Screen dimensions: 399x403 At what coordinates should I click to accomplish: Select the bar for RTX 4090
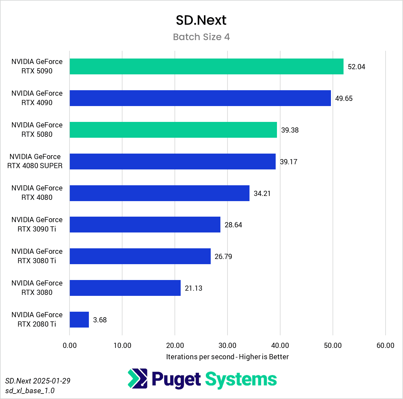[x=200, y=98]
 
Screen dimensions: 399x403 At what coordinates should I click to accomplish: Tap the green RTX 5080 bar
[x=173, y=130]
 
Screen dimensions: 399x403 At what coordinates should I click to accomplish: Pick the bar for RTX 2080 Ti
[x=79, y=320]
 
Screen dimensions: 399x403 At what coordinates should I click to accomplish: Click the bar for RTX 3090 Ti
[x=145, y=225]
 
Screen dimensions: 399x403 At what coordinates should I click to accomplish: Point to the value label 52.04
[x=356, y=67]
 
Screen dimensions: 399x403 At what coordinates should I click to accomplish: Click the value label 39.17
[x=288, y=162]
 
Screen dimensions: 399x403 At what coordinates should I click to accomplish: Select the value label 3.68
[x=100, y=320]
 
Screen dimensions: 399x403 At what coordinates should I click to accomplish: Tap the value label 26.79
[x=223, y=257]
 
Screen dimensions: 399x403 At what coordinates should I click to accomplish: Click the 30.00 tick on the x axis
[x=227, y=345]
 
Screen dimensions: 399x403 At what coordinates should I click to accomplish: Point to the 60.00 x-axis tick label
[x=385, y=345]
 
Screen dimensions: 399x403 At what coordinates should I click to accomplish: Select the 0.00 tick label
[x=70, y=345]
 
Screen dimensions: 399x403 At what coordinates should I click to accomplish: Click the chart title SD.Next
[x=201, y=20]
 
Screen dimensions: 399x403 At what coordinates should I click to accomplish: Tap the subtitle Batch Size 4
[x=201, y=37]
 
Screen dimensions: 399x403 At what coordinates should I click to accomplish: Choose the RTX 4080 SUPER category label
[x=35, y=161]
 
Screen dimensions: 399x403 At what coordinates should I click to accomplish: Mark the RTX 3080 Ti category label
[x=37, y=256]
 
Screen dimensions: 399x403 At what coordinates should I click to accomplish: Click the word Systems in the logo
[x=241, y=379]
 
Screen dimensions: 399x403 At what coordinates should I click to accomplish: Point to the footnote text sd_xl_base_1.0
[x=30, y=391]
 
